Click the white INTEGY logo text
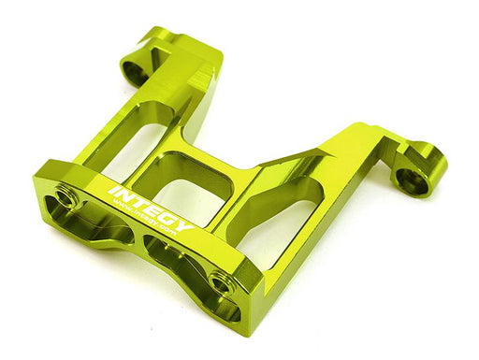pos(152,209)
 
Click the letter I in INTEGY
pos(113,191)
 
